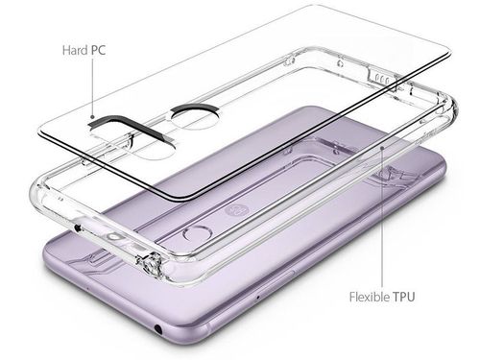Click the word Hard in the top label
click(75, 50)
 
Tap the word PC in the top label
click(98, 50)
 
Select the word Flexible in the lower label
click(370, 297)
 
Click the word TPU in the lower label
click(404, 297)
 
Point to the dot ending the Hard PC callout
click(92, 117)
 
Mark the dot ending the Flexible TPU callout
click(382, 148)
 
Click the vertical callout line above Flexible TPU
click(382, 218)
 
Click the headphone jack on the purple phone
click(157, 328)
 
